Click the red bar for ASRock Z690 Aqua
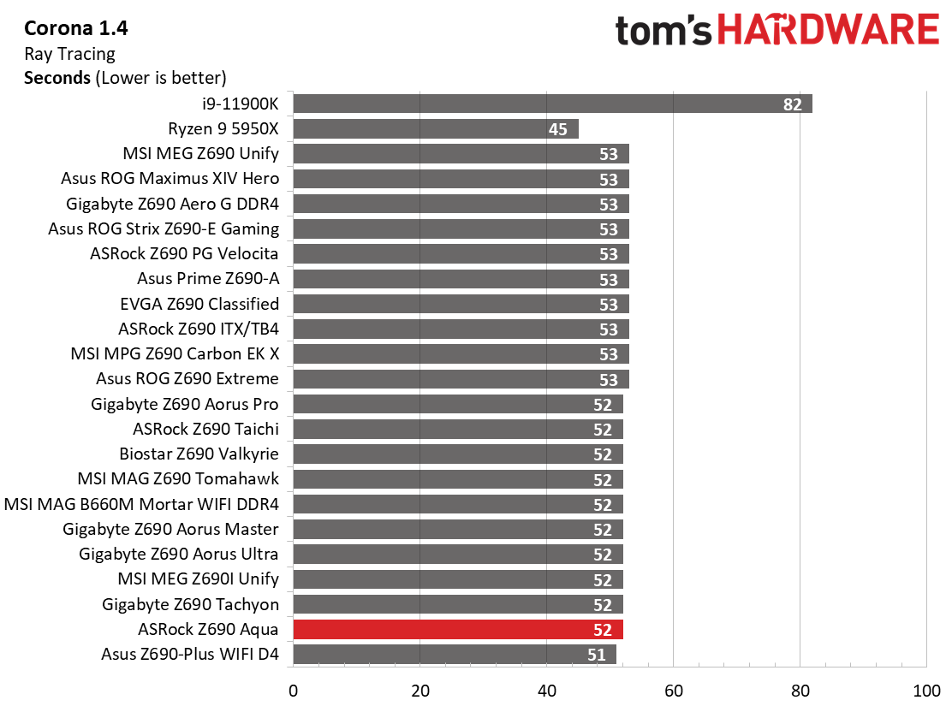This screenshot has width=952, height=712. point(458,630)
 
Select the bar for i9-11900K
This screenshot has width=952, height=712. point(552,104)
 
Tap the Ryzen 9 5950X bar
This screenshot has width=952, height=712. point(436,128)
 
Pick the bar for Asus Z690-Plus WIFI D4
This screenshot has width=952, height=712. point(455,655)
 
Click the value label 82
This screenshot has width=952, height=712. point(792,104)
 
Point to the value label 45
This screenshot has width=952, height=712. point(558,129)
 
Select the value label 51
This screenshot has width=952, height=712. point(596,655)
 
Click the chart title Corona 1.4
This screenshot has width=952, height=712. point(76,28)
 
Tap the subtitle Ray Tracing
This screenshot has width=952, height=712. point(70,54)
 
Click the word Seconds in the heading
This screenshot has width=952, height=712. point(57,78)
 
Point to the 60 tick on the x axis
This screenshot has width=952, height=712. point(673,691)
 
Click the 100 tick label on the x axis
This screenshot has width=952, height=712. point(926,691)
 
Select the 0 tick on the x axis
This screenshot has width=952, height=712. point(294,691)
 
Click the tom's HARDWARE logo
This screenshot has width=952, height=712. point(777,30)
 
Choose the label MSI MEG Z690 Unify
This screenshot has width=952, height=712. point(201,153)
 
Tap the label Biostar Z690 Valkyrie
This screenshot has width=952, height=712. point(199,454)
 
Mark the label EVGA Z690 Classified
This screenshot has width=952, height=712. point(199,304)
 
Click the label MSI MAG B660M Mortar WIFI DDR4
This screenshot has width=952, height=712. point(141,504)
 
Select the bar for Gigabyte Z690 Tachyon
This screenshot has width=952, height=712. point(458,604)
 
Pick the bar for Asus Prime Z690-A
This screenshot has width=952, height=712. point(461,279)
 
